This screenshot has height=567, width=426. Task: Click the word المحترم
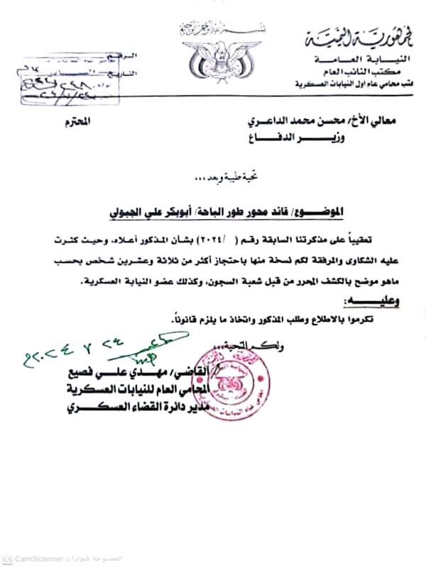82,123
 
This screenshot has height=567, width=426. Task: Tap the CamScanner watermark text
43,558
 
